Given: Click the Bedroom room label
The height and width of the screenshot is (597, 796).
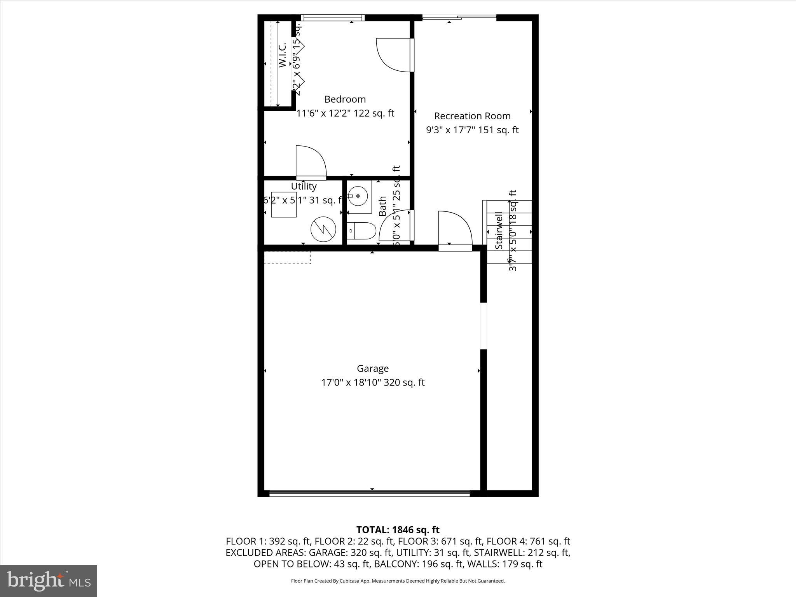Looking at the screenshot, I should point(345,99).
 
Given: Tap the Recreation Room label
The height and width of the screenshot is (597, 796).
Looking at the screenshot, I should point(472,116).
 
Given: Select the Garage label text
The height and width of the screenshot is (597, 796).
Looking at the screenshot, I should point(372,368).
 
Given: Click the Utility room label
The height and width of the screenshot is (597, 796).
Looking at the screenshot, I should point(304,186).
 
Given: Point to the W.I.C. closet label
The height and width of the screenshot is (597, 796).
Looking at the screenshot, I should point(283,55).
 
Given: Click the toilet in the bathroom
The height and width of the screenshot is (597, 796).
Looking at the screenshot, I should point(361,231).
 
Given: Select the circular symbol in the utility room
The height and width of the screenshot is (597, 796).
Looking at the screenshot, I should point(323,230).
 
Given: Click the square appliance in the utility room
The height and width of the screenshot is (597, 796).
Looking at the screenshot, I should point(284,204).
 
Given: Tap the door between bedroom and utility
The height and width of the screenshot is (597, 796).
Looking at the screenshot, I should point(311,162).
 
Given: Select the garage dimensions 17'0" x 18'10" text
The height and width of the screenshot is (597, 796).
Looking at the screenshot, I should point(351,382).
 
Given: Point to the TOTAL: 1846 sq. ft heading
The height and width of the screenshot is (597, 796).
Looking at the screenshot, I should point(398,530).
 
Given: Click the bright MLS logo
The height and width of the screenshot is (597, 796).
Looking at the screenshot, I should point(49,580).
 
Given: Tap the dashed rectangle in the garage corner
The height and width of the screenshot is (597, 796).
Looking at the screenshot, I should point(287,258).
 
